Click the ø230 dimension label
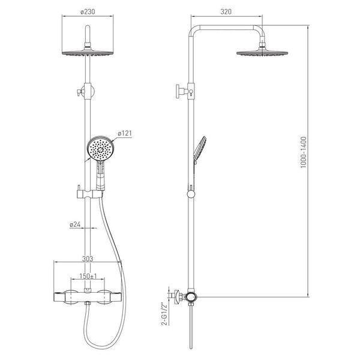click(88, 11)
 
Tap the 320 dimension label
click(226, 12)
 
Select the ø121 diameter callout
click(125, 133)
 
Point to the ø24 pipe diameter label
click(75, 224)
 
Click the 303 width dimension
click(88, 259)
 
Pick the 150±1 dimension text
click(88, 276)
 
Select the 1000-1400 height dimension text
click(304, 152)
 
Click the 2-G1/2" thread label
click(164, 314)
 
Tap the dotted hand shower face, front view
click(101, 148)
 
